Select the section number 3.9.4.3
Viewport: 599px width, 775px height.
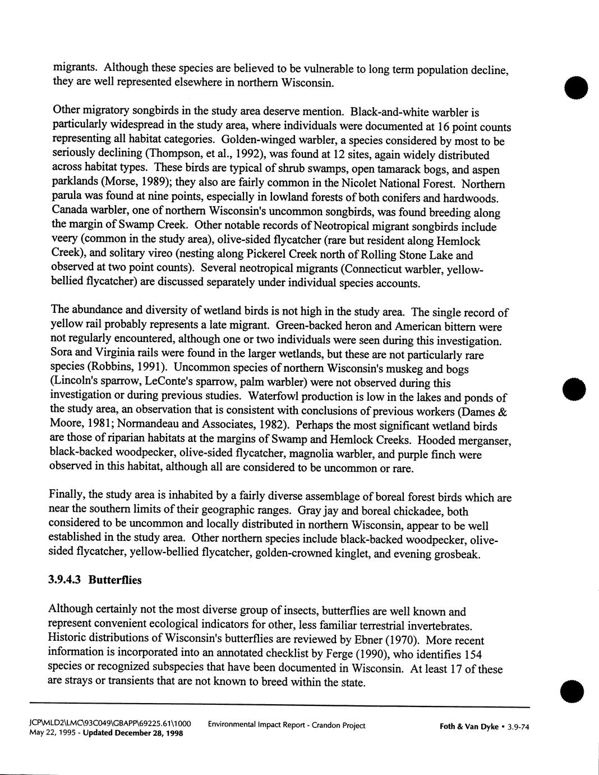tap(66, 580)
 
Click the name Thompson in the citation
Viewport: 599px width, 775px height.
tap(148, 154)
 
